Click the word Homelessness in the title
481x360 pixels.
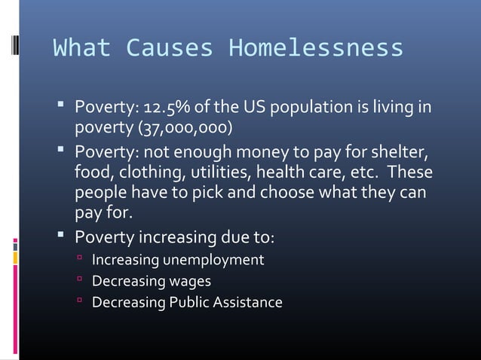click(316, 49)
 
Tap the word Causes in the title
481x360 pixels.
click(168, 49)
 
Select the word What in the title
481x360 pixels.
click(81, 49)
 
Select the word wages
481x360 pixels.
click(190, 282)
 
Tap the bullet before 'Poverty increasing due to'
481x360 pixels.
click(61, 237)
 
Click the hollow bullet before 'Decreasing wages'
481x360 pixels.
click(80, 282)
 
